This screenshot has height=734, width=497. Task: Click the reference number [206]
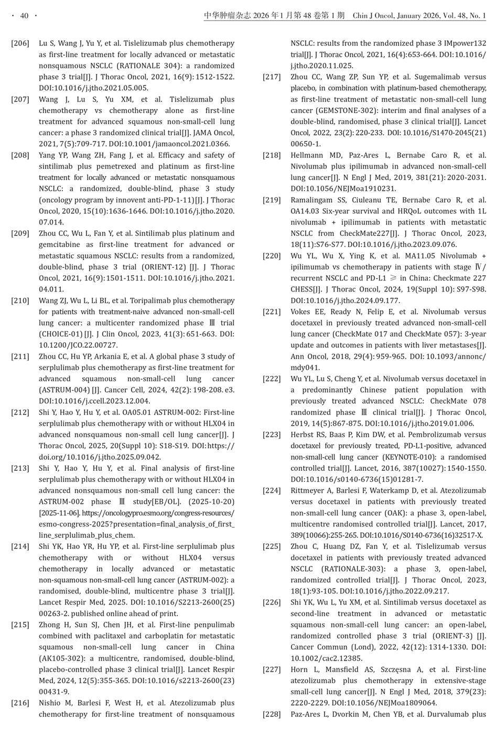tap(20, 44)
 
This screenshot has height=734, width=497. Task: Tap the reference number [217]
tap(272, 77)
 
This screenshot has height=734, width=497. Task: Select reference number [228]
tap(272, 714)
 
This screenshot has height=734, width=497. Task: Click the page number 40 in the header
tap(24, 16)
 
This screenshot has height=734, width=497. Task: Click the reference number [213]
tap(20, 468)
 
